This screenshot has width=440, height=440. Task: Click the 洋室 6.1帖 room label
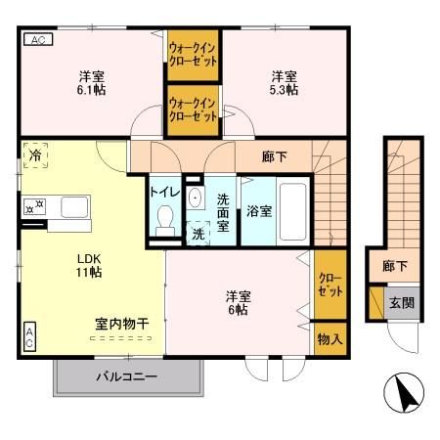click(93, 82)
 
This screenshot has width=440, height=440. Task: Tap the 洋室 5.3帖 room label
click(285, 82)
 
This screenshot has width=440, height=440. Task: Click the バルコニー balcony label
click(127, 374)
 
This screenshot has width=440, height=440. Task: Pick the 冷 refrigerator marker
click(36, 155)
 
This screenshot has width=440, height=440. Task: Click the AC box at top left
click(35, 40)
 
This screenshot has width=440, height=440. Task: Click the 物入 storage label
click(330, 339)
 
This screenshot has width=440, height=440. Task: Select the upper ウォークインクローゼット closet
click(193, 52)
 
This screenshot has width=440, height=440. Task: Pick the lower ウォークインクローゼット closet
click(193, 108)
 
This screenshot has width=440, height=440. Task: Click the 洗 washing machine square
click(198, 234)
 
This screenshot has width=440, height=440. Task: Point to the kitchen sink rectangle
click(74, 206)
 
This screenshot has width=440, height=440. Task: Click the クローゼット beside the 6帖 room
click(330, 285)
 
